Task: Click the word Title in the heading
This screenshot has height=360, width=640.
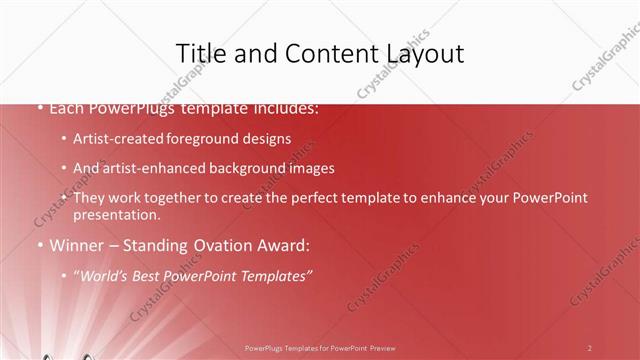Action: point(199,53)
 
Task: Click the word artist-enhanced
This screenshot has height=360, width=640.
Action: point(148,168)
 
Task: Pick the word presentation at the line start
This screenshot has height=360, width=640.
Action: point(116,214)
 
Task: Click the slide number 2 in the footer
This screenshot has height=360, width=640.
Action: point(590,347)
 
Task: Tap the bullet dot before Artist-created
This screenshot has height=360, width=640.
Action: point(64,139)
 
